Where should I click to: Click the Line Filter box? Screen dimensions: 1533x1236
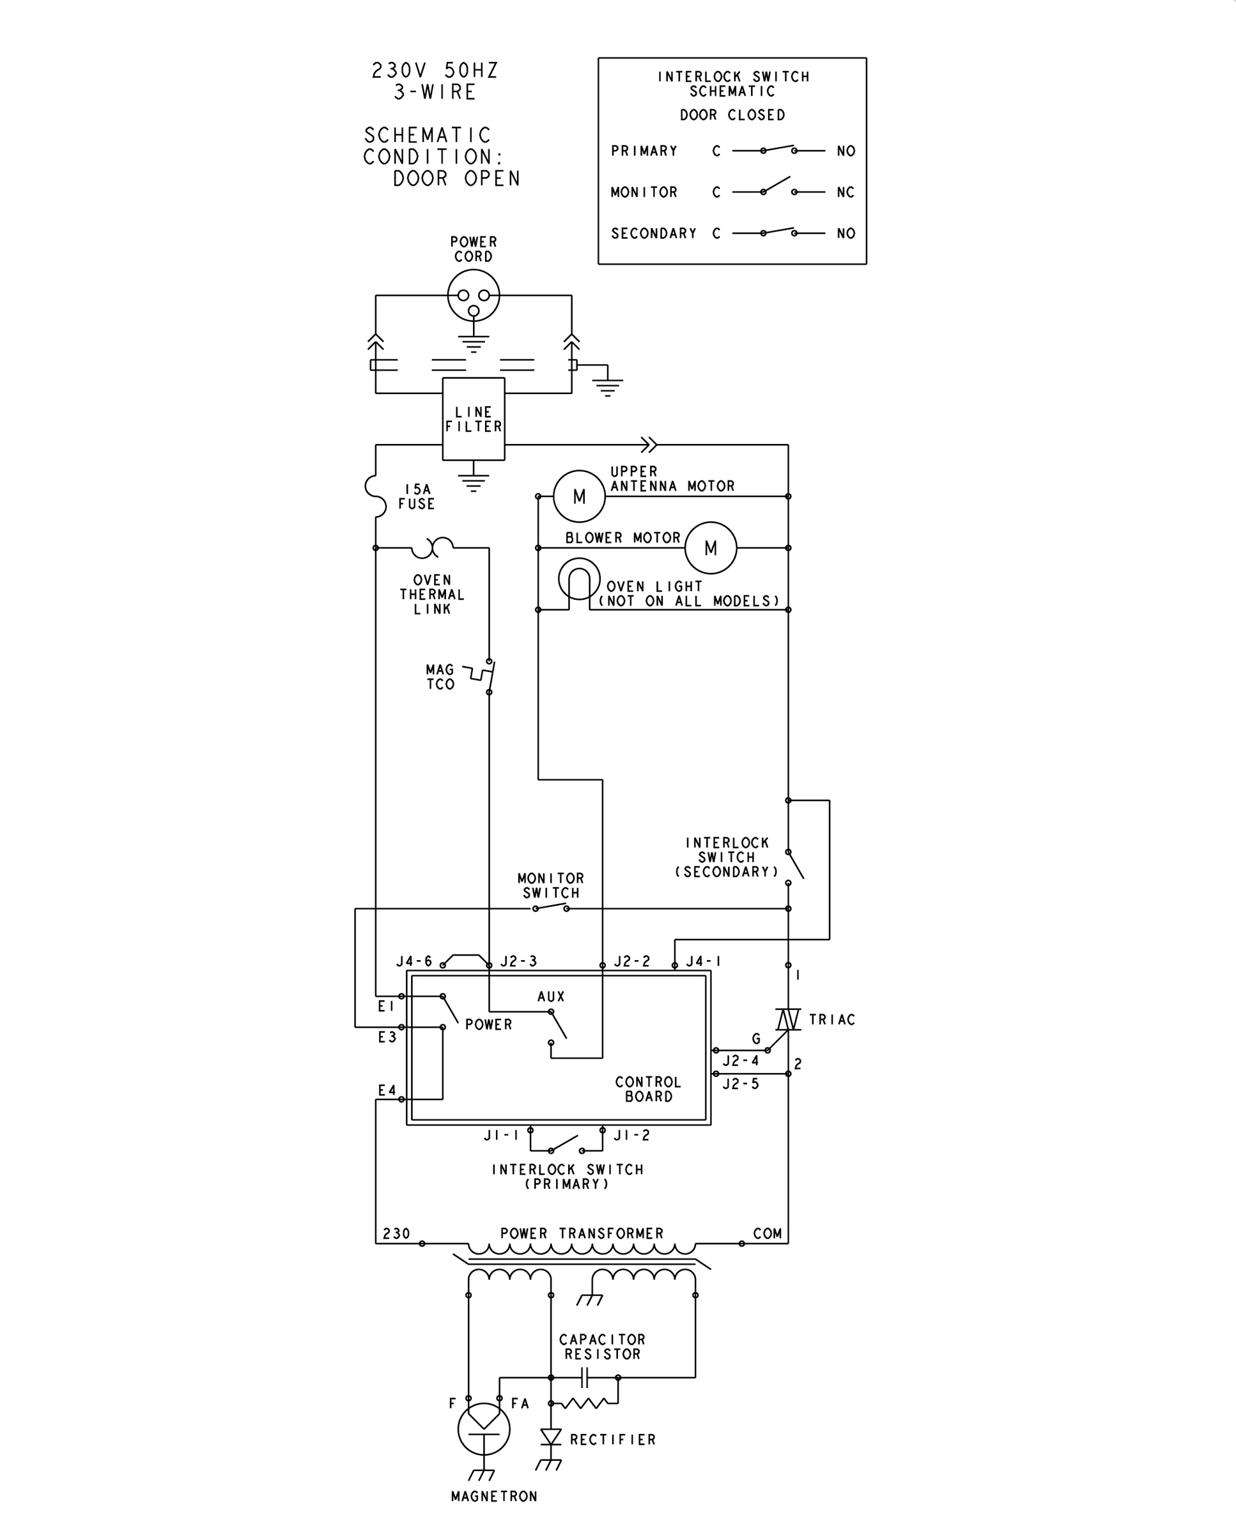pyautogui.click(x=474, y=418)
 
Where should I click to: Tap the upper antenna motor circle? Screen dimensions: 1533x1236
pyautogui.click(x=579, y=496)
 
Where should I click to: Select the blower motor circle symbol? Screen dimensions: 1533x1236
pyautogui.click(x=711, y=548)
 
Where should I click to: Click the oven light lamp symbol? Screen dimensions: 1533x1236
pyautogui.click(x=579, y=579)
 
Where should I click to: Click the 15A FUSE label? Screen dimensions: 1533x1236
pyautogui.click(x=417, y=497)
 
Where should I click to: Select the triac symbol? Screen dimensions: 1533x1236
pyautogui.click(x=787, y=1019)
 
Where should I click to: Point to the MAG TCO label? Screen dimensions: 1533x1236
pyautogui.click(x=440, y=677)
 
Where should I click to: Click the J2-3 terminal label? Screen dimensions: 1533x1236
pyautogui.click(x=518, y=961)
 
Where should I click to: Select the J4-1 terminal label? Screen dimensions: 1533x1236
pyautogui.click(x=704, y=961)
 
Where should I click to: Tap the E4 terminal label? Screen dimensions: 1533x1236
pyautogui.click(x=387, y=1090)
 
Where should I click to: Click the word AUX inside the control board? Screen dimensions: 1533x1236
pyautogui.click(x=551, y=996)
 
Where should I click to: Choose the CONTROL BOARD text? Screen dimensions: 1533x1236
pyautogui.click(x=648, y=1089)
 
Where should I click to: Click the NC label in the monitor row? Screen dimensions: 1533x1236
pyautogui.click(x=845, y=192)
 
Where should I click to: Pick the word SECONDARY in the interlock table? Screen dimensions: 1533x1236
pyautogui.click(x=654, y=233)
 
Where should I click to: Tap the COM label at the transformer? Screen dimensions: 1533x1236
pyautogui.click(x=768, y=1233)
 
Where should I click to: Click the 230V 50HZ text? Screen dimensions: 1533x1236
pyautogui.click(x=435, y=70)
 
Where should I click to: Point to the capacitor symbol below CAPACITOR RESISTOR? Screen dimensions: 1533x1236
pyautogui.click(x=584, y=1377)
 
